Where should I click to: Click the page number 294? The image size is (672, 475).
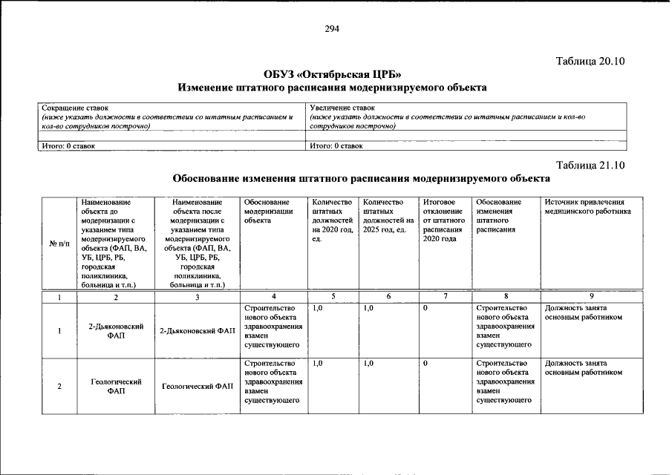(332, 29)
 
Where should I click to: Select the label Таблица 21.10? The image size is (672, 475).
(591, 165)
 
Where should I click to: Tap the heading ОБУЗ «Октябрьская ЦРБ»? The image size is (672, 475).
(332, 74)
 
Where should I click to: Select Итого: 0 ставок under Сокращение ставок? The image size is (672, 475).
(68, 146)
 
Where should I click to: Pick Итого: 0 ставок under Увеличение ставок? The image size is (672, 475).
(336, 146)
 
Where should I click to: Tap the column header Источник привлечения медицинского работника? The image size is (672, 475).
(587, 206)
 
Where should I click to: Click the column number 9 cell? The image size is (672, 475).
(591, 297)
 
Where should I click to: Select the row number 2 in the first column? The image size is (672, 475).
(59, 386)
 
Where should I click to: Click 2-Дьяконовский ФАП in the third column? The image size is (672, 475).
(196, 331)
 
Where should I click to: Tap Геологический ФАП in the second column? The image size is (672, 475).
(116, 386)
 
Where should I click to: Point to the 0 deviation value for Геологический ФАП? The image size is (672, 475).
(425, 364)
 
